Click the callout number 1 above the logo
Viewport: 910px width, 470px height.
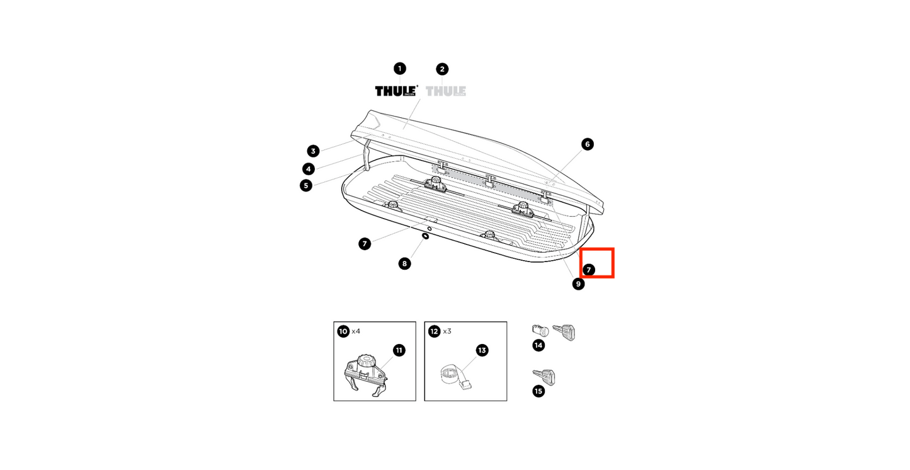tap(399, 68)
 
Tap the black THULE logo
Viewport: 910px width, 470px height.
tap(397, 91)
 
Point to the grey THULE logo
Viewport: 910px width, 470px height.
tap(446, 91)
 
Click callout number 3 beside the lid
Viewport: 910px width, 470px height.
tap(313, 151)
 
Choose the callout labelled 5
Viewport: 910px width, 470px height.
tap(306, 185)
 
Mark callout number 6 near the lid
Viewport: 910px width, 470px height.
tap(587, 144)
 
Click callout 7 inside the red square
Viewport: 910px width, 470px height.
tap(588, 270)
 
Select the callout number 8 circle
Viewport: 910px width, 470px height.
tap(405, 263)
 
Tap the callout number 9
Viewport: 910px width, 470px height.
tap(578, 284)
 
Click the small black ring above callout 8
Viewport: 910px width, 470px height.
tap(426, 236)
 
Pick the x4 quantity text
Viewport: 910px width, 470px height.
tap(356, 331)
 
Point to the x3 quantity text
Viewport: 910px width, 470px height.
tap(447, 331)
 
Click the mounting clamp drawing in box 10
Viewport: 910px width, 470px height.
tap(367, 374)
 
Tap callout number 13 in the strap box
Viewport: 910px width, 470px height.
tap(482, 350)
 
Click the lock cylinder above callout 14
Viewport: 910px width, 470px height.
tap(541, 331)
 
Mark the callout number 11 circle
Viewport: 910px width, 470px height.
tap(399, 350)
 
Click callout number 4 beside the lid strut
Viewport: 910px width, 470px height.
tap(308, 168)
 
